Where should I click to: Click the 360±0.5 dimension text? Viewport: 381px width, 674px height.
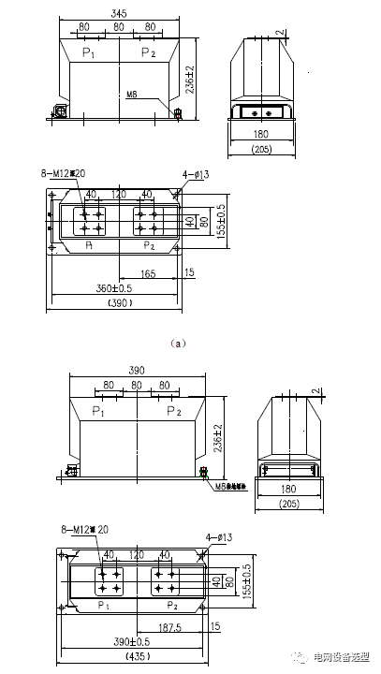(x=94, y=287)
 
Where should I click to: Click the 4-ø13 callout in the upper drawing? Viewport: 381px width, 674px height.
(x=196, y=174)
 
